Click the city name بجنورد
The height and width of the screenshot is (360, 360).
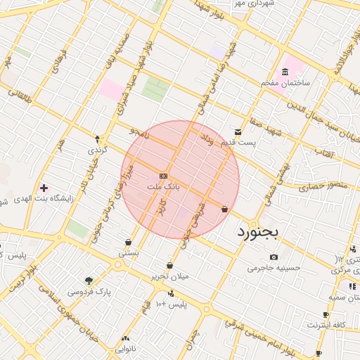258,231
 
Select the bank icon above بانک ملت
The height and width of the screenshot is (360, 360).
164,175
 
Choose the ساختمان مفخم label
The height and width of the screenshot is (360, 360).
285,83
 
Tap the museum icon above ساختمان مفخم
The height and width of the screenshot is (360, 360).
284,72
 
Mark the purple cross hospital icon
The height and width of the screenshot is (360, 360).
44,188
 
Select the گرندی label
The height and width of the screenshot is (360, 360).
97,150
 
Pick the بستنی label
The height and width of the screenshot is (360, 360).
129,252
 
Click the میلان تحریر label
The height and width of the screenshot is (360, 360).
170,276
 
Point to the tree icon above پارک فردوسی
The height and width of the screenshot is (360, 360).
89,281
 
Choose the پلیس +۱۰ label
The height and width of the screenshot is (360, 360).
171,304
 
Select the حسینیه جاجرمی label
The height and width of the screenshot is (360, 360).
274,268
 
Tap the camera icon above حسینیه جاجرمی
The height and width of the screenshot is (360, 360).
274,257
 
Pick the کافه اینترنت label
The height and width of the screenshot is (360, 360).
326,325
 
